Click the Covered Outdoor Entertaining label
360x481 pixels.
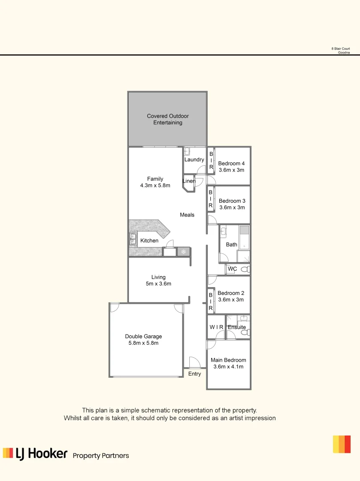pos(168,119)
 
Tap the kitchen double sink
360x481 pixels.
pos(133,239)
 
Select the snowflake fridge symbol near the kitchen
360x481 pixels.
pos(183,252)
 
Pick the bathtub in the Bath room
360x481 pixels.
pos(244,237)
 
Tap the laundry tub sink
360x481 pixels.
pos(188,151)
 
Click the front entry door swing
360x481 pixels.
pos(195,363)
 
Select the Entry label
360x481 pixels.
pos(195,374)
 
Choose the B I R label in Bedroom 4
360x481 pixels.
pos(211,160)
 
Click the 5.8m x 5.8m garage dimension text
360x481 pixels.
pos(143,343)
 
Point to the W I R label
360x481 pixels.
pos(216,327)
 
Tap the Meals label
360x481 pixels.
pos(187,215)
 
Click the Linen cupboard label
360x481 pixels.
pos(189,181)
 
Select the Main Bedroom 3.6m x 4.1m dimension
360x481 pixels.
pos(229,367)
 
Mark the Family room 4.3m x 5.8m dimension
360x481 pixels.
pos(155,186)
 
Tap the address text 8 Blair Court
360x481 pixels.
pos(340,49)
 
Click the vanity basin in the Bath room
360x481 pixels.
pos(224,231)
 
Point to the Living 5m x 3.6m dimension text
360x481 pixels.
pos(158,284)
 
